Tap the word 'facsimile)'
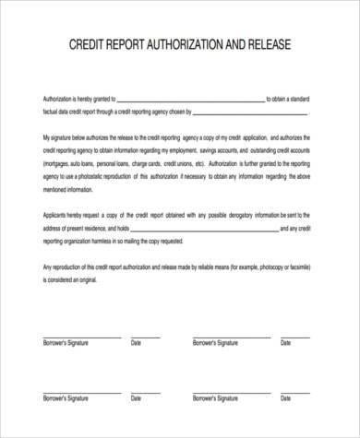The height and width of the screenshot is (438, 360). [313, 265]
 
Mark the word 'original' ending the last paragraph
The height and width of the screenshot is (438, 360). [102, 278]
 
